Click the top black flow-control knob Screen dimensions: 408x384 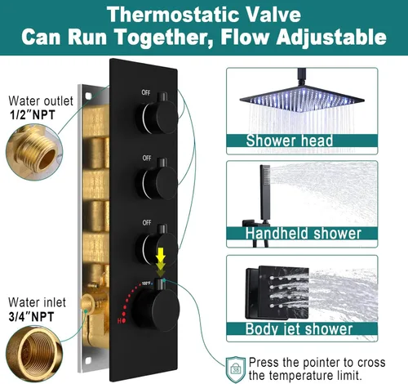tap(157, 116)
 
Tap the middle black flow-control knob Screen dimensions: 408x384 tap(158, 181)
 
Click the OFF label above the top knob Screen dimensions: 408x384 tap(146, 92)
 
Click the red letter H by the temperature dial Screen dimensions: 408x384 tap(119, 321)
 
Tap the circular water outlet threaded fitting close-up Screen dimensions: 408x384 tap(34, 153)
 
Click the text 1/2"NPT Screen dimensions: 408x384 tap(33, 114)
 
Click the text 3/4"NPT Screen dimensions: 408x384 tap(31, 317)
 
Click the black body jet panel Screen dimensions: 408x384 tap(277, 292)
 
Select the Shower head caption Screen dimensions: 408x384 tap(289, 141)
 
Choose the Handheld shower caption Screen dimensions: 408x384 tap(303, 234)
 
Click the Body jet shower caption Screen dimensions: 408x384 tap(299, 328)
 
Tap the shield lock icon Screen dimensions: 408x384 tap(235, 369)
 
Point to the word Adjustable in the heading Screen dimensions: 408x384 tap(331, 37)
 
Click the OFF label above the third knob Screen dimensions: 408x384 tap(147, 223)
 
